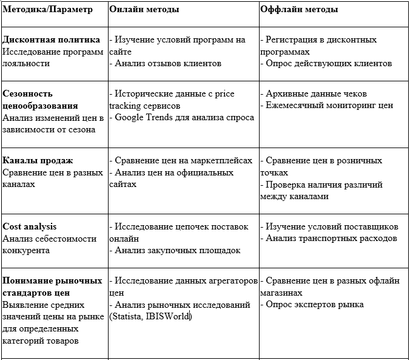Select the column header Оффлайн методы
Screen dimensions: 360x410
point(299,10)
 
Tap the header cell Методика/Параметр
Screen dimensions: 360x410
point(49,10)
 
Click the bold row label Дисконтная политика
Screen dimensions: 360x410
point(52,39)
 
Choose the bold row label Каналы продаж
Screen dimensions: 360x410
point(38,160)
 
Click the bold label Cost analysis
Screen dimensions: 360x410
point(30,226)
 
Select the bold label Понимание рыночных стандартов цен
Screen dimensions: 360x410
point(52,287)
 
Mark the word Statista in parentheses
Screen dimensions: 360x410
point(126,316)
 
